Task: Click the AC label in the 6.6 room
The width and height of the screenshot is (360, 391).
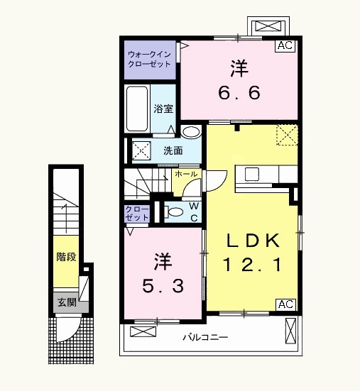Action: click(285, 45)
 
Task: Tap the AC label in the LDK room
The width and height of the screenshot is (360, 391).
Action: click(285, 304)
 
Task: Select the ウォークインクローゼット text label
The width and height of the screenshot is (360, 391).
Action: click(149, 58)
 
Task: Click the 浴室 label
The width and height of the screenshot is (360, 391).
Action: click(163, 109)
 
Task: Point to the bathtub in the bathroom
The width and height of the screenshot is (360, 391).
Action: click(137, 108)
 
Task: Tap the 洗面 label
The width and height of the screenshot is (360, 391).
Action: click(173, 150)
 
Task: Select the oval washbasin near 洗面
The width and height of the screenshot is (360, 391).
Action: click(190, 133)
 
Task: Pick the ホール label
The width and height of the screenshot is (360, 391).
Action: click(186, 174)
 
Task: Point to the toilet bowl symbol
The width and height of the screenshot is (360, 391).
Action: click(174, 210)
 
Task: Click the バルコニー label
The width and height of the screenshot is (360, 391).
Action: click(204, 337)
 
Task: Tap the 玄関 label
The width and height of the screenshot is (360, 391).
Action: click(66, 301)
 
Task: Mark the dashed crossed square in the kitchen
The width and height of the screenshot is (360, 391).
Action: click(287, 133)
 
